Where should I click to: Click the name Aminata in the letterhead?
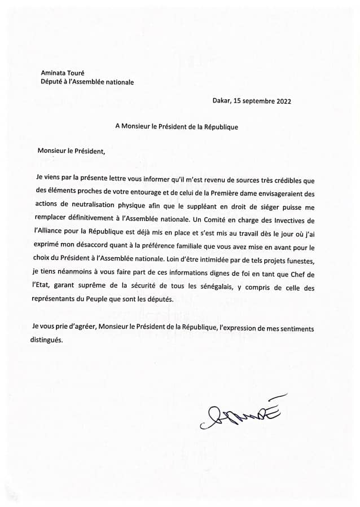(55, 73)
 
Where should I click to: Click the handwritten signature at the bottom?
(240, 416)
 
